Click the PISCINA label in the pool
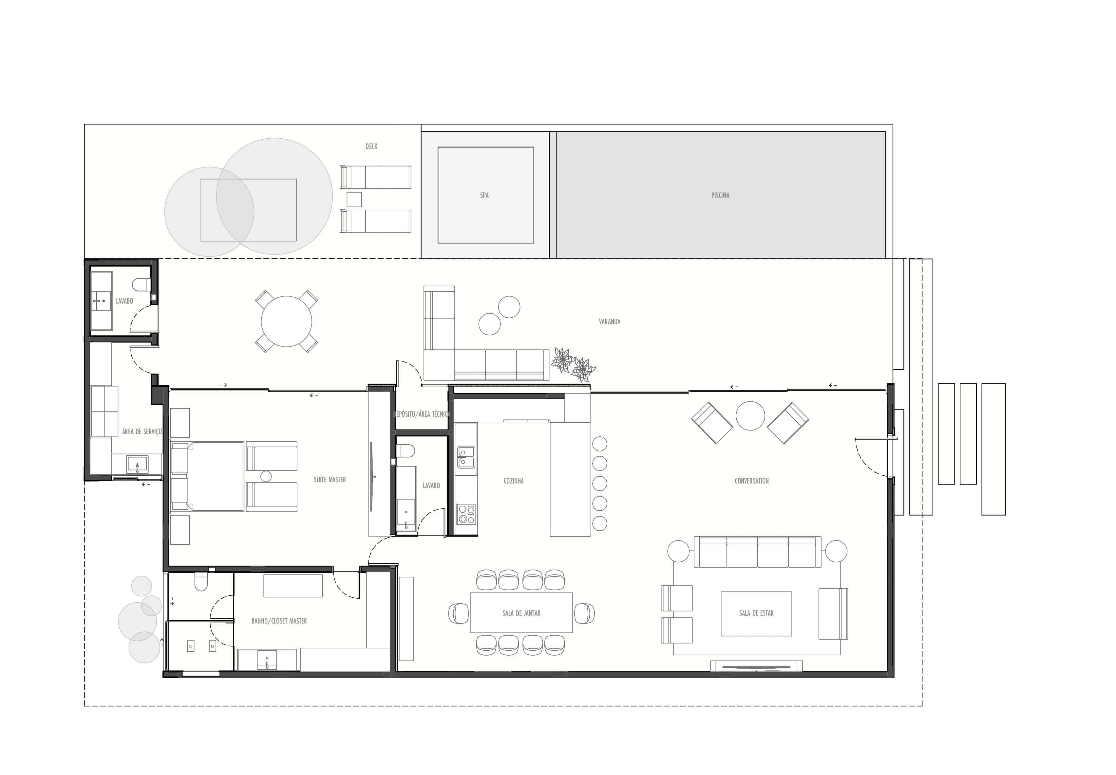720,195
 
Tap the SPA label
484,195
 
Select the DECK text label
371,146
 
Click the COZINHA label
513,481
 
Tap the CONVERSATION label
751,481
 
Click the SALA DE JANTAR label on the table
521,613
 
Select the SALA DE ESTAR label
756,613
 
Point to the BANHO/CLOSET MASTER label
279,621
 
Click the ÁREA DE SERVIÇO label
142,431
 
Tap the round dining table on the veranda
286,322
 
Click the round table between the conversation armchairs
750,416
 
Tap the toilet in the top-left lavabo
142,284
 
